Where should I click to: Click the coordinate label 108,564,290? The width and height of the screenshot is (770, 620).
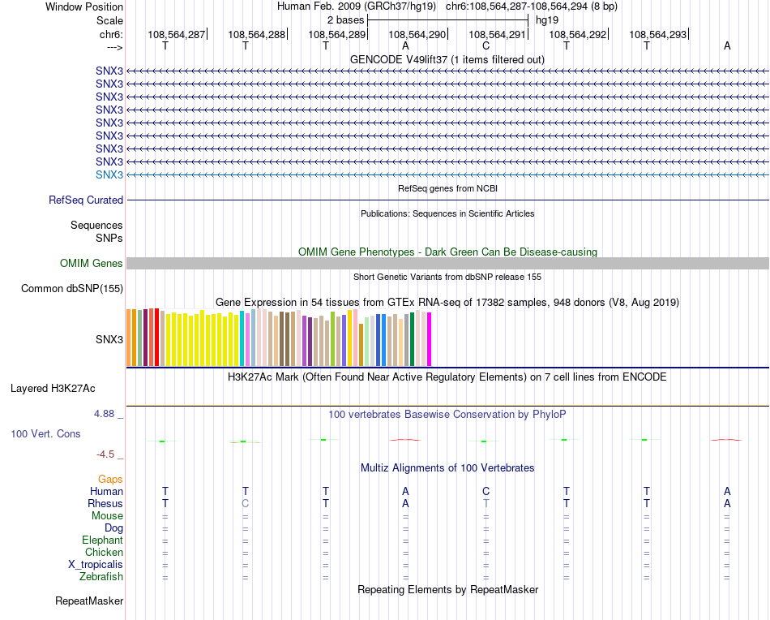click(417, 34)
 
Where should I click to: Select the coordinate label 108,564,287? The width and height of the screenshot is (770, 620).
click(176, 34)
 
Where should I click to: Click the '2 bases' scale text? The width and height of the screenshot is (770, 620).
click(345, 19)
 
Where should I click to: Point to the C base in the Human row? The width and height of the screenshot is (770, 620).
click(486, 491)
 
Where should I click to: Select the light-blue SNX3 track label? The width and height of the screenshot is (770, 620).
click(109, 175)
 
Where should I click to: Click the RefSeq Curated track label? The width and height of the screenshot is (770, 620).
click(86, 200)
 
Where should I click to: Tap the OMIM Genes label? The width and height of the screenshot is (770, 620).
click(92, 263)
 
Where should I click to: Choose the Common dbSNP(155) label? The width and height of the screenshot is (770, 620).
click(72, 288)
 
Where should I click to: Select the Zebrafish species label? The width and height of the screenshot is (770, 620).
click(102, 577)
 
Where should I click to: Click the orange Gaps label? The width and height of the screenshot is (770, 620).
click(110, 480)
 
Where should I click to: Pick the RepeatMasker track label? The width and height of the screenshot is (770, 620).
click(89, 601)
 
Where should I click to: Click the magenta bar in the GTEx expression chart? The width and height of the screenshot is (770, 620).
click(429, 339)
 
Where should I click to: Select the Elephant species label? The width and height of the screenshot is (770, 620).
click(102, 540)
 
